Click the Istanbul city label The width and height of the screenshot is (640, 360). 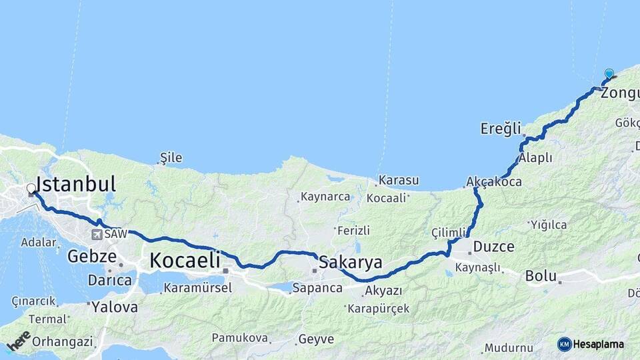click(76, 184)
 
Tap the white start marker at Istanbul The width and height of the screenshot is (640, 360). click(31, 189)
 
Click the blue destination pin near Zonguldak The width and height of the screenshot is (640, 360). click(609, 74)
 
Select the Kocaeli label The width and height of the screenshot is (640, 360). click(185, 261)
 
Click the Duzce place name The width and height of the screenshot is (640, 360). click(493, 247)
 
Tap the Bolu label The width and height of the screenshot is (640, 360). click(541, 275)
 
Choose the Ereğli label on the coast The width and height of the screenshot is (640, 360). click(500, 129)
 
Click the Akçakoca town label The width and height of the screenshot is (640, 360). click(494, 181)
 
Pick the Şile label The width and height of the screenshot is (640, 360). click(171, 158)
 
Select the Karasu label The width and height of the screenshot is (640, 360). click(399, 180)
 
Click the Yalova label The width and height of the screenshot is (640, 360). click(115, 307)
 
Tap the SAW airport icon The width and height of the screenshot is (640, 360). click(98, 235)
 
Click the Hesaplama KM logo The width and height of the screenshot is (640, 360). click(591, 344)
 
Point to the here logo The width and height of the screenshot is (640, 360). click(19, 341)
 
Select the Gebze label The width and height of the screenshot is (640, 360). click(87, 256)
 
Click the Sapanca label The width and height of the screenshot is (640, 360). click(317, 289)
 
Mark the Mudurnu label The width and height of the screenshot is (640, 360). click(509, 348)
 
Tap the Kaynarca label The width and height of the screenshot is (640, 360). click(325, 197)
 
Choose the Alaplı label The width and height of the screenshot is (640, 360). click(536, 158)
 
